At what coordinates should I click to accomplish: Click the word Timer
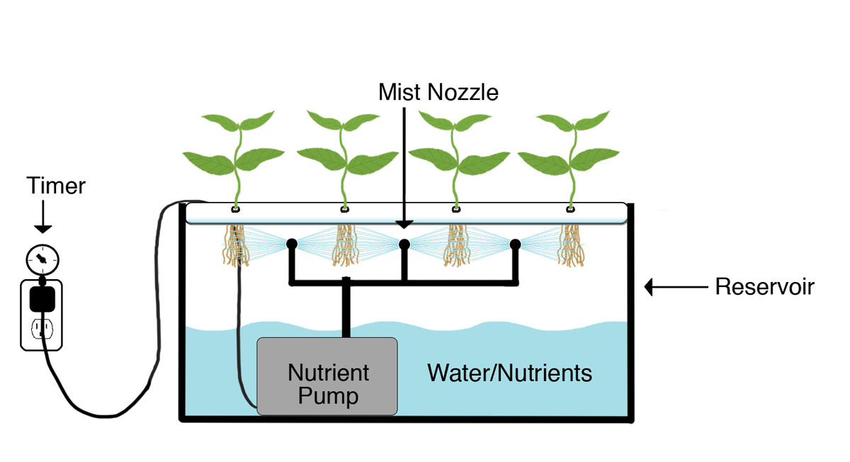click(56, 186)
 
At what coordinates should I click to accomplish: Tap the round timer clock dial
click(42, 259)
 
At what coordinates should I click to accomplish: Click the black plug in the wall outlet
click(42, 299)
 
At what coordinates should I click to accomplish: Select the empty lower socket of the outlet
click(42, 328)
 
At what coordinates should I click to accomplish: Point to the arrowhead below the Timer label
click(43, 229)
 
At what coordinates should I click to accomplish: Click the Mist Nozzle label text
click(438, 92)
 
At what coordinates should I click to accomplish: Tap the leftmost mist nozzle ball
click(291, 244)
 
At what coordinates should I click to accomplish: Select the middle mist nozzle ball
click(404, 244)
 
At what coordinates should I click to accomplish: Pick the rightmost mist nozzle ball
click(515, 244)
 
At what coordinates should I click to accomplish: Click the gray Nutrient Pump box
click(327, 376)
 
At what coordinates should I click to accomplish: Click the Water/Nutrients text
click(509, 373)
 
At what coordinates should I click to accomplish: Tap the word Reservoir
click(764, 286)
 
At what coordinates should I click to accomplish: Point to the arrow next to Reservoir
click(676, 287)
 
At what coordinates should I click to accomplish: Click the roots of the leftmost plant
click(236, 246)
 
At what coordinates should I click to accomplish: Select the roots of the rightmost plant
click(571, 246)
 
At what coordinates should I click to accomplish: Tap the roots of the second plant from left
click(346, 246)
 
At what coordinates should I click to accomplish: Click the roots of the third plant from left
click(458, 246)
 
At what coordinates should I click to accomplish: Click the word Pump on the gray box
click(328, 396)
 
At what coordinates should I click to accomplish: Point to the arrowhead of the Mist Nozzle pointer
click(404, 225)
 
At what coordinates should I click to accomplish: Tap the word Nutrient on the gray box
click(328, 373)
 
